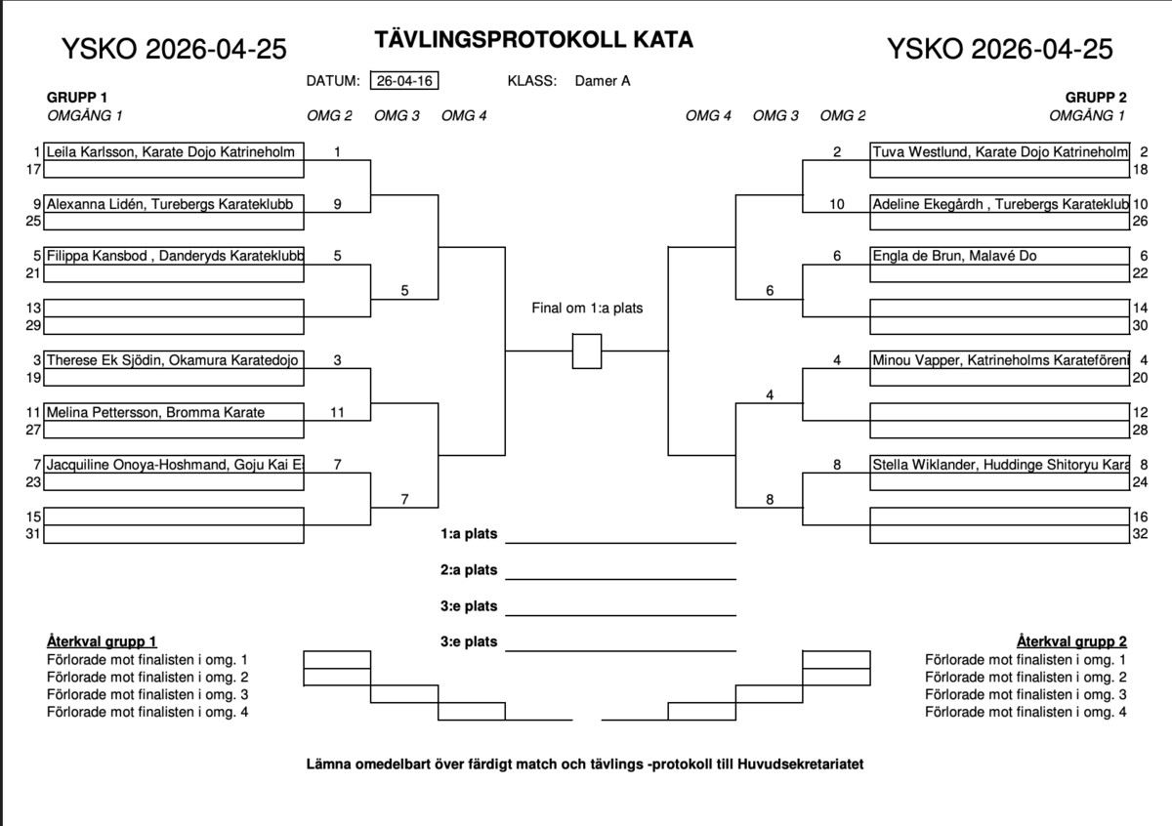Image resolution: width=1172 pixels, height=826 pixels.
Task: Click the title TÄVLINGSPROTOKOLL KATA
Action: (x=533, y=40)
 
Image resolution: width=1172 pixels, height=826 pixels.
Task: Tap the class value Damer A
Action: (x=603, y=81)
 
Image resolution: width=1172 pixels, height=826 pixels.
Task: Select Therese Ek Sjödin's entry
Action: (x=172, y=360)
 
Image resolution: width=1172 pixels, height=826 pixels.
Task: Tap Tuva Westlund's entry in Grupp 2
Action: (x=1000, y=152)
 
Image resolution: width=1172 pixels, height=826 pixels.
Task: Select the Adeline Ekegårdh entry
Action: (x=1000, y=204)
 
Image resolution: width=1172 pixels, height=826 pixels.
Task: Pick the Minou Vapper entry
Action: (x=1000, y=360)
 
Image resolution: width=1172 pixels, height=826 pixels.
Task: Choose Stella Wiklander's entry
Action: (x=1000, y=465)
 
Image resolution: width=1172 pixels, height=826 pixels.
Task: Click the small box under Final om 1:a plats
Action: (x=587, y=351)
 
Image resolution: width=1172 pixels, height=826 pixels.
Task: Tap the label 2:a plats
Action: (x=469, y=570)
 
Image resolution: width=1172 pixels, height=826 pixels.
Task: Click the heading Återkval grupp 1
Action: (x=102, y=641)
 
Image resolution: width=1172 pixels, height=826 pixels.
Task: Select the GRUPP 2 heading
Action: (x=1096, y=98)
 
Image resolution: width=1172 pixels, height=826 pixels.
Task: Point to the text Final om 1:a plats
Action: (x=587, y=309)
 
